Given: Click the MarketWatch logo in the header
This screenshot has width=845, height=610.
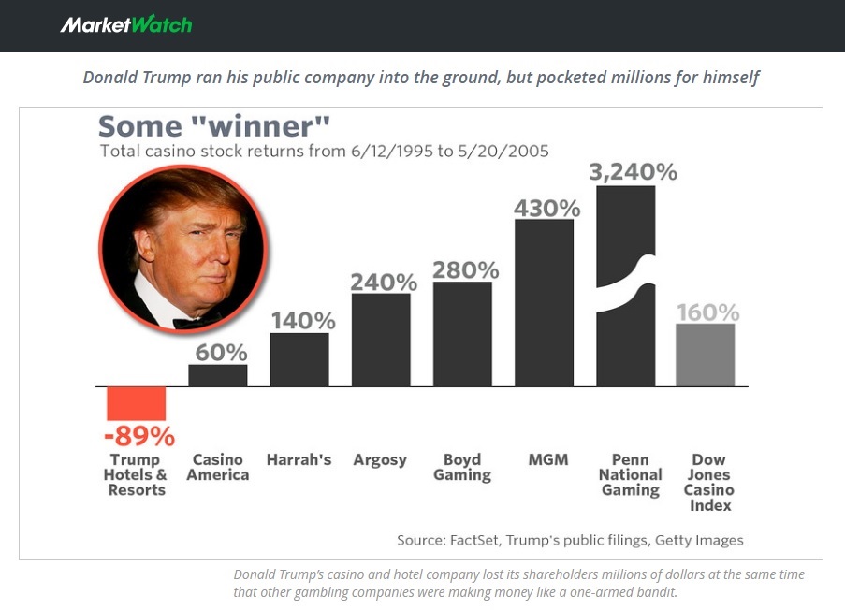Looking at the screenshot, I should [125, 24].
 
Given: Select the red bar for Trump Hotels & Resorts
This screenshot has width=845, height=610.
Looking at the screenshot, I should [136, 403].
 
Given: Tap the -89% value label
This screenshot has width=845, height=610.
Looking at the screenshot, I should [138, 436].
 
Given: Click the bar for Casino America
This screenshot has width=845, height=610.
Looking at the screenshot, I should [218, 375].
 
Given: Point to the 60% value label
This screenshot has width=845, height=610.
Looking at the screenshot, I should [221, 352].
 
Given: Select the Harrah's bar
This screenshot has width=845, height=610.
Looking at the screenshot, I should [299, 359].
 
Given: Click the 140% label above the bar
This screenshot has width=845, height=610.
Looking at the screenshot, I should [303, 320].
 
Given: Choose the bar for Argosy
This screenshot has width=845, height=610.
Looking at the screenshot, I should [381, 340].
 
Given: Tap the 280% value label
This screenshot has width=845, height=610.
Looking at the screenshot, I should [465, 269].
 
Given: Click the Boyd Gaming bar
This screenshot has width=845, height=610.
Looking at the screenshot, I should [462, 334].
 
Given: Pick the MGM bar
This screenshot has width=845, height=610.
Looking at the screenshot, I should [544, 302].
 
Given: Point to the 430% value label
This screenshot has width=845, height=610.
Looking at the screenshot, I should [546, 208].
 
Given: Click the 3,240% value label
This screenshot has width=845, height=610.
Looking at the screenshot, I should [633, 172].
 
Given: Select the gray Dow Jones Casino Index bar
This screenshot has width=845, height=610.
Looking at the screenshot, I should [706, 355].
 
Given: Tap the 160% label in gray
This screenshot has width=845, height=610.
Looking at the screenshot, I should [708, 312].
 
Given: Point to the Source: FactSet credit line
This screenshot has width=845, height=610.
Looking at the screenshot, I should [570, 540].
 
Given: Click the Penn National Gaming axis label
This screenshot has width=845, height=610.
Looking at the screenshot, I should [630, 474].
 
